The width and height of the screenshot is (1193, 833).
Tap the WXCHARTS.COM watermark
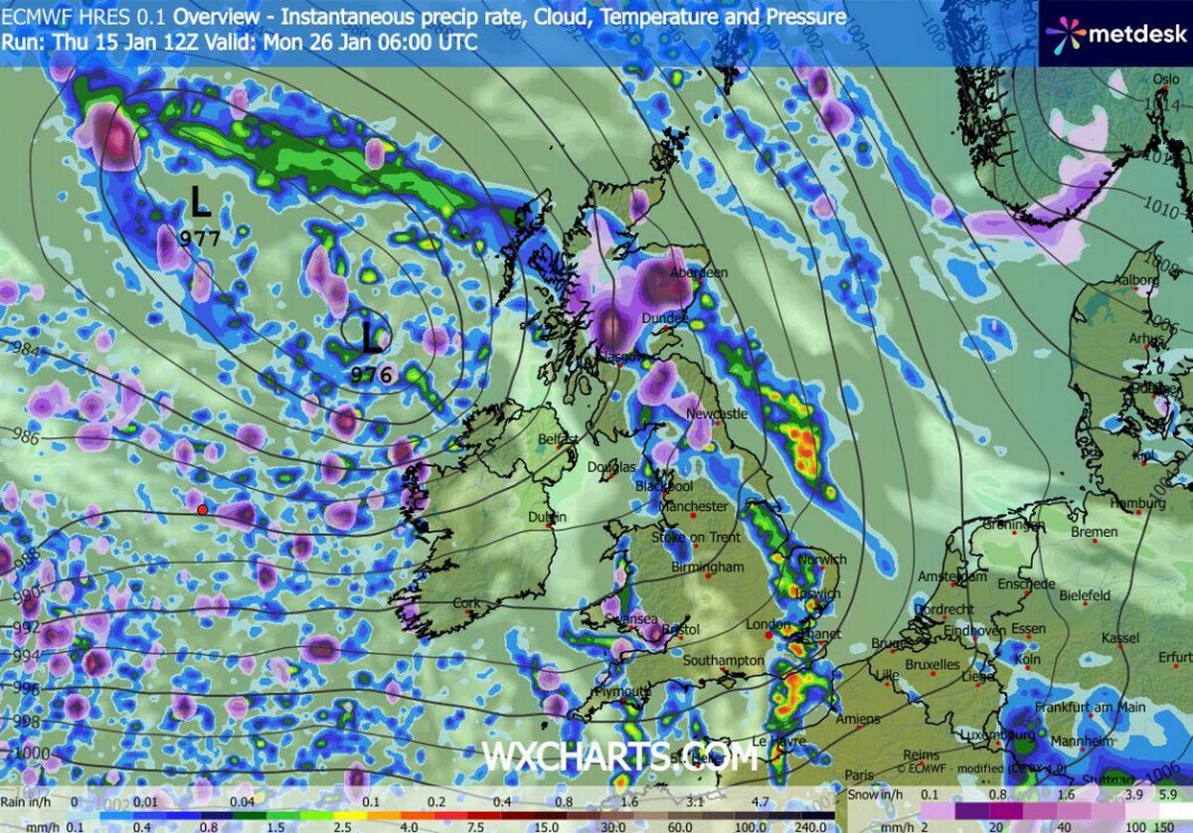(620, 757)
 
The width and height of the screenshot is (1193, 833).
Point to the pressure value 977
(200, 238)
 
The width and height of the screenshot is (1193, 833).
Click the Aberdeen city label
(699, 272)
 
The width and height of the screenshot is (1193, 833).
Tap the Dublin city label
(547, 517)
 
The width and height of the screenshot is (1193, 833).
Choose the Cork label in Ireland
(465, 603)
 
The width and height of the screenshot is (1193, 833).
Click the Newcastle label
(717, 414)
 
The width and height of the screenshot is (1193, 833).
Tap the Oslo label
(1166, 80)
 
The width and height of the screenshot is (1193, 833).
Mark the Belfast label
(558, 438)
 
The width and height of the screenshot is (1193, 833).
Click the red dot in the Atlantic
(203, 510)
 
